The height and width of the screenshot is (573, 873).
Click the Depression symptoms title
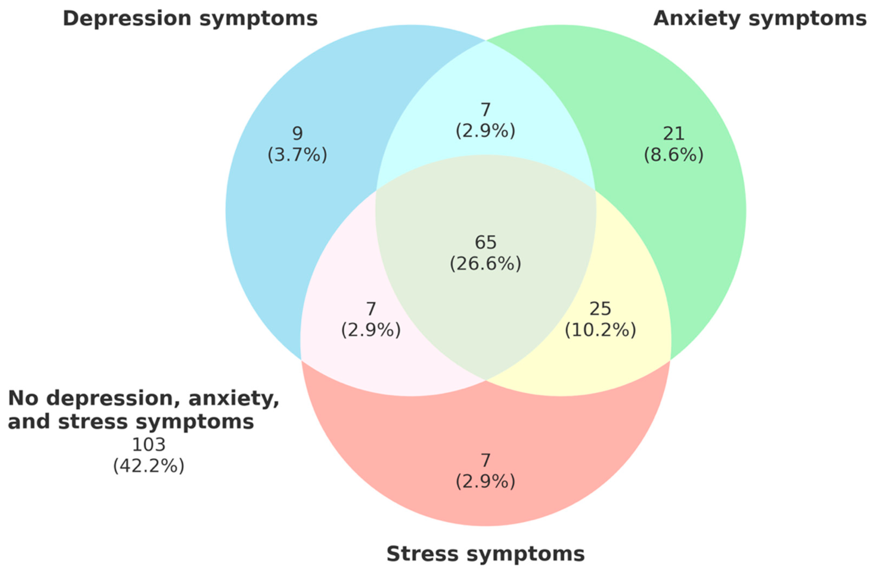(x=190, y=18)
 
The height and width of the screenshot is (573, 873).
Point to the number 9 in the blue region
(x=298, y=134)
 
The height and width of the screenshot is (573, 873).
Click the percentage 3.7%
(x=298, y=155)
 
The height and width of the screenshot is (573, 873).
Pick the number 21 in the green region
(x=674, y=134)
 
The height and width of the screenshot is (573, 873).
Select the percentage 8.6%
(x=674, y=155)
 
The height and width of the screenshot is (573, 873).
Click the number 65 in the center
(x=485, y=242)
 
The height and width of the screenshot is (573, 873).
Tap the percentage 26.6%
(x=485, y=264)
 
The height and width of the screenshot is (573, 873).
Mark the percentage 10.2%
(x=600, y=330)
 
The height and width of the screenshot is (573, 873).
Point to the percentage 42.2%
(x=148, y=466)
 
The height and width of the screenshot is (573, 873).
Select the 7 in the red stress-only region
(x=485, y=460)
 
